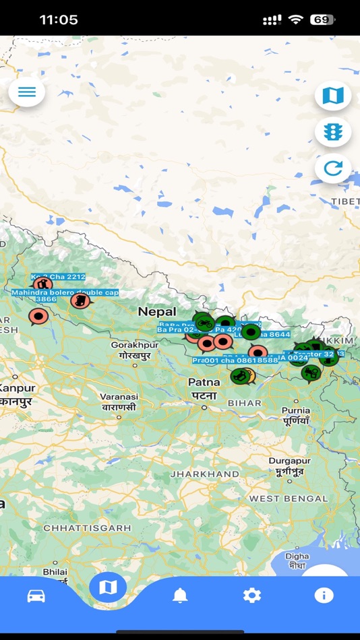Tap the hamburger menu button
pos(27,92)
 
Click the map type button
pos(333,96)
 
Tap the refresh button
pos(333,168)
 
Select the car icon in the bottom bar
pos(36,596)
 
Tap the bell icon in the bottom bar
pos(180,596)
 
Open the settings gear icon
pos(252,596)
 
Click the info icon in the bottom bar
pos(324,596)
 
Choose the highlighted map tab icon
pos(108,587)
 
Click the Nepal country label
pos(157,312)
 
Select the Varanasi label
pos(119,397)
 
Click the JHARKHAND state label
pos(204,474)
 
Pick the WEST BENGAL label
pos(288,499)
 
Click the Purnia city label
pos(296,410)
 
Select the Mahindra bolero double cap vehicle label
pos(65,292)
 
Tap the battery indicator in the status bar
pos(322,20)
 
